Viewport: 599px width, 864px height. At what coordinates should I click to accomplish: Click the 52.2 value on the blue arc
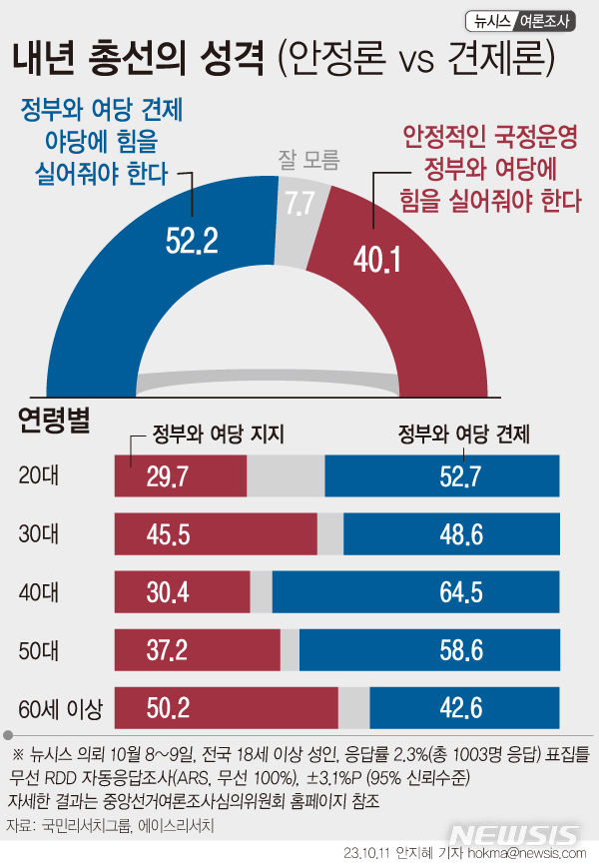[191, 240]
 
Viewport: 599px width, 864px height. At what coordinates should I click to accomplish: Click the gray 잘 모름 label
[309, 160]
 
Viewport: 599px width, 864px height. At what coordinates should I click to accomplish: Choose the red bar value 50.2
[167, 709]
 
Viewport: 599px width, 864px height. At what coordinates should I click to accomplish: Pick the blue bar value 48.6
[461, 534]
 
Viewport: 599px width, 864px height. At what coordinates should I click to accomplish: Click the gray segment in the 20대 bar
[286, 475]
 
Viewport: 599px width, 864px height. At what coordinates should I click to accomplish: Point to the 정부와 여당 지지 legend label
[219, 433]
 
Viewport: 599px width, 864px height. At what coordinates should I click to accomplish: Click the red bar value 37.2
[167, 651]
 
